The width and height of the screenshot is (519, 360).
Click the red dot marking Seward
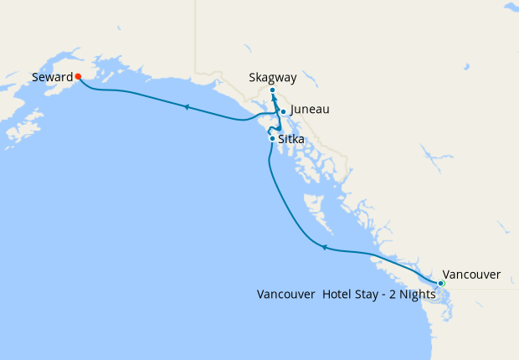pyautogui.click(x=77, y=75)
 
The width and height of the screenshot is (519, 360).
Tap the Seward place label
pyautogui.click(x=51, y=77)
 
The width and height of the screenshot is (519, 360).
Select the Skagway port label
pyautogui.click(x=273, y=78)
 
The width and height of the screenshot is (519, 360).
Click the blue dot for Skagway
pyautogui.click(x=273, y=90)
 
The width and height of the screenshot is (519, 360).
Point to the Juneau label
pyautogui.click(x=309, y=110)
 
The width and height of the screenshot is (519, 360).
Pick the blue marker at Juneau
pyautogui.click(x=284, y=111)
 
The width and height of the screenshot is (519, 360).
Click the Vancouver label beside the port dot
pyautogui.click(x=471, y=275)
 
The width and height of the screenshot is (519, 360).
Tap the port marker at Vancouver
pyautogui.click(x=441, y=284)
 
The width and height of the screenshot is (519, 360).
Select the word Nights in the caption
pyautogui.click(x=417, y=294)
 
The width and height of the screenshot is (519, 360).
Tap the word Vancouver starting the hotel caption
pyautogui.click(x=285, y=294)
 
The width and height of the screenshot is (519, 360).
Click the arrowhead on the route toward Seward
pyautogui.click(x=186, y=106)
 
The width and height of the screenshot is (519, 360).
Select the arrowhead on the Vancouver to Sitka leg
pyautogui.click(x=324, y=247)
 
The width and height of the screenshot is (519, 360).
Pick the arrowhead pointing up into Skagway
pyautogui.click(x=275, y=99)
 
